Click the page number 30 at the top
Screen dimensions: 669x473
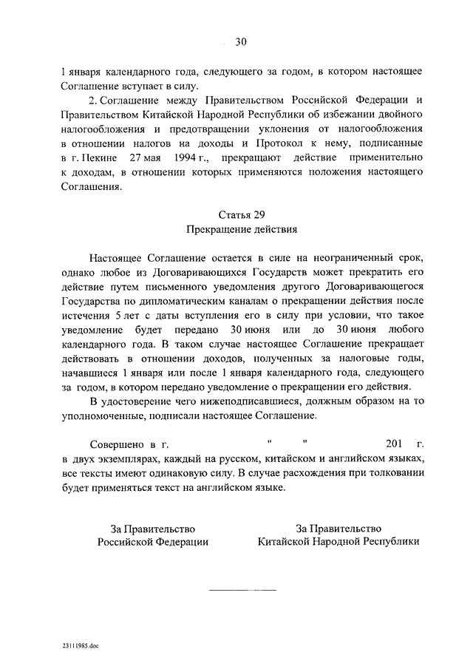click(240, 42)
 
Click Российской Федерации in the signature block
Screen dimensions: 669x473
click(153, 541)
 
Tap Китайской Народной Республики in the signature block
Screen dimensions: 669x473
click(338, 541)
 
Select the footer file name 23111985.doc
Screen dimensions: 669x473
click(81, 645)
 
